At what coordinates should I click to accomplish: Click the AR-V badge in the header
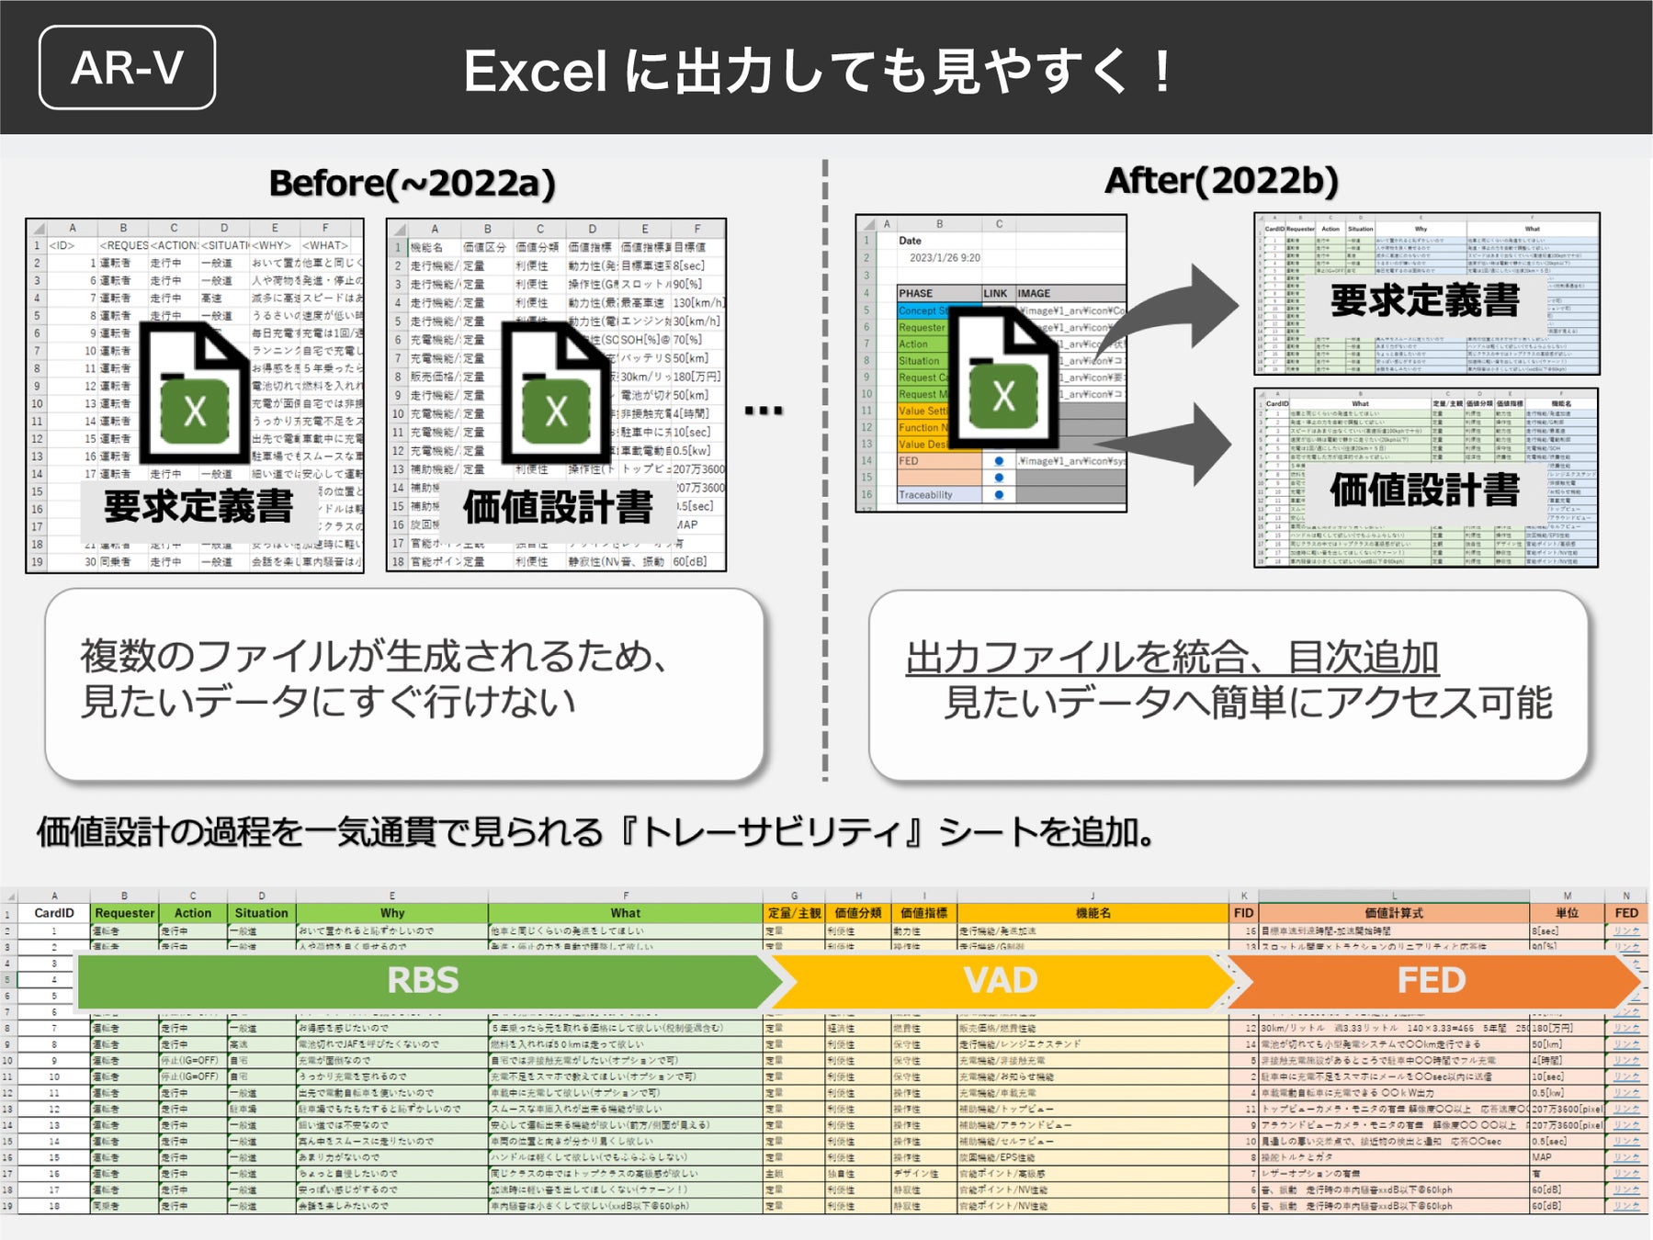[x=127, y=68]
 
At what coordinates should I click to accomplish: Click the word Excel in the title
[x=535, y=72]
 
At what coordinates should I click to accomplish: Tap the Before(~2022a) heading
[x=412, y=183]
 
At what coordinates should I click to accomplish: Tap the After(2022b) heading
[x=1221, y=181]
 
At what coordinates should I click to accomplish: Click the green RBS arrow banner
[x=423, y=980]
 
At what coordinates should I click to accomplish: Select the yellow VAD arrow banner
[x=1000, y=980]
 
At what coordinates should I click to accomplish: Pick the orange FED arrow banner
[x=1431, y=980]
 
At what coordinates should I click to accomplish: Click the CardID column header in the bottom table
[x=54, y=913]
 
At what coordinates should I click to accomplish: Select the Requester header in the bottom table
[x=124, y=913]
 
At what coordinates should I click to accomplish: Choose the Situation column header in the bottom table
[x=261, y=913]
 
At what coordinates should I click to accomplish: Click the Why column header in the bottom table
[x=392, y=913]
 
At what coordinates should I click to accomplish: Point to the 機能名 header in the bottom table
[x=1093, y=913]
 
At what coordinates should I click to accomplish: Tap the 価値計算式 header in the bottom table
[x=1393, y=913]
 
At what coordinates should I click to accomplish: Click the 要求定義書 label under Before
[x=198, y=506]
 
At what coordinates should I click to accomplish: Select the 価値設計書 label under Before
[x=558, y=506]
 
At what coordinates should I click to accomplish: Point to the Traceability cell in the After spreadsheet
[x=925, y=495]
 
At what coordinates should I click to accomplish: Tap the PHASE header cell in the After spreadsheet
[x=915, y=293]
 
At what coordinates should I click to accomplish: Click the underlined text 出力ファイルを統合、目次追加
[x=1172, y=658]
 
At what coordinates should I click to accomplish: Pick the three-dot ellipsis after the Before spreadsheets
[x=764, y=411]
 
